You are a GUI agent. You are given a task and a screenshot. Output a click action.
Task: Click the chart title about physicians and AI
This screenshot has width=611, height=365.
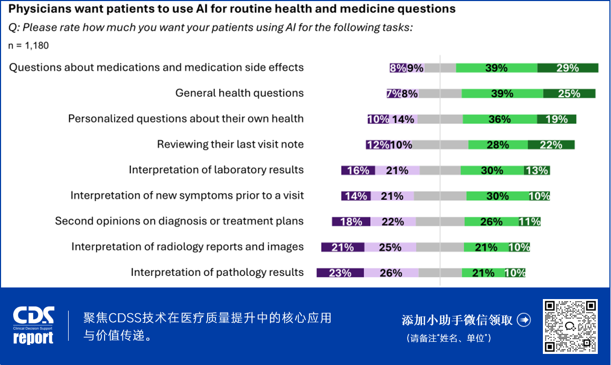[x=232, y=9]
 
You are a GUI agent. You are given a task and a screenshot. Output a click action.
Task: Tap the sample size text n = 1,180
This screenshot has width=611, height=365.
[x=29, y=46]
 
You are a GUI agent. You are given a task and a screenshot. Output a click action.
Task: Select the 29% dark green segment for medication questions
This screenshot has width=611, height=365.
[x=568, y=68]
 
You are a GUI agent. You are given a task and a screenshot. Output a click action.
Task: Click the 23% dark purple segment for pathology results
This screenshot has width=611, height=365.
[x=340, y=273]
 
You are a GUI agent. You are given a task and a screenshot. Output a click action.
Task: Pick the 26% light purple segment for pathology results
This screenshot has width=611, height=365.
[x=391, y=273]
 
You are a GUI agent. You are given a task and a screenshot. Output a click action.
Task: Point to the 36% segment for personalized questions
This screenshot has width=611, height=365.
[x=500, y=119]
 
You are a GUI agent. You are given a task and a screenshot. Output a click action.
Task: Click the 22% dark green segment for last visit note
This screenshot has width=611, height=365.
[x=551, y=145]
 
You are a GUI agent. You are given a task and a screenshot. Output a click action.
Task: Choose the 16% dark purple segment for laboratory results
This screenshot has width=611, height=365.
[x=359, y=170]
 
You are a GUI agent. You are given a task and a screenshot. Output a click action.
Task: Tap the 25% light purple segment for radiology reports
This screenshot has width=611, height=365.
[x=390, y=247]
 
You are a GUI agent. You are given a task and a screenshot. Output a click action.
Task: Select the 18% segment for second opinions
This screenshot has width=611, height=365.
[x=351, y=222]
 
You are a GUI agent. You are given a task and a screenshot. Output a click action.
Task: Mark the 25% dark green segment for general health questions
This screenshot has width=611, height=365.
[x=569, y=93]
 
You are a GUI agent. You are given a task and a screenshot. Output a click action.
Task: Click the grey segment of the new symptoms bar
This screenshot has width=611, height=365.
[x=440, y=196]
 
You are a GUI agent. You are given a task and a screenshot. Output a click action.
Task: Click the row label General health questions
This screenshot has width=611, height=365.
[x=239, y=93]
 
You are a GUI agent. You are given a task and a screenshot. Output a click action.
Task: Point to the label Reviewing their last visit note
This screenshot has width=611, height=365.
[x=230, y=145]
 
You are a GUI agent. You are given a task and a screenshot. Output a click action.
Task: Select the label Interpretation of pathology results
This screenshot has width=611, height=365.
[x=217, y=273]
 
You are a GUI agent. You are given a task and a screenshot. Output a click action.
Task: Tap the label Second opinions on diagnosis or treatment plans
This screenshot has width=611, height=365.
[x=179, y=222]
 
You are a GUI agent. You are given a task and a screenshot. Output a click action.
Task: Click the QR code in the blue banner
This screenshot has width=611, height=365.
[x=570, y=326]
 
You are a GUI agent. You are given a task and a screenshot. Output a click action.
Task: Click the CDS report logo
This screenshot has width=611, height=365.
[x=34, y=325]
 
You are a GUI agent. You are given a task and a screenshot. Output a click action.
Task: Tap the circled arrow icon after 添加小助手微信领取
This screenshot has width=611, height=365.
[x=523, y=320]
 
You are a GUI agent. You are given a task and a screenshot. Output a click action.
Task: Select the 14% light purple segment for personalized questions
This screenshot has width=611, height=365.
[x=403, y=119]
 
